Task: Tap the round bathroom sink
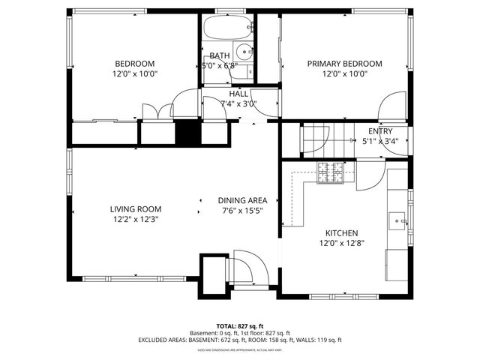(244, 52)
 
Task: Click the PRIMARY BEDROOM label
(344, 64)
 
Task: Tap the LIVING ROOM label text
(135, 209)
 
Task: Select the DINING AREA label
(242, 200)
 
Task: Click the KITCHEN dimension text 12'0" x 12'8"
(341, 243)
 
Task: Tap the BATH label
(220, 55)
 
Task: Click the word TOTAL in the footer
(227, 326)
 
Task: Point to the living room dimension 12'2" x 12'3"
(135, 219)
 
